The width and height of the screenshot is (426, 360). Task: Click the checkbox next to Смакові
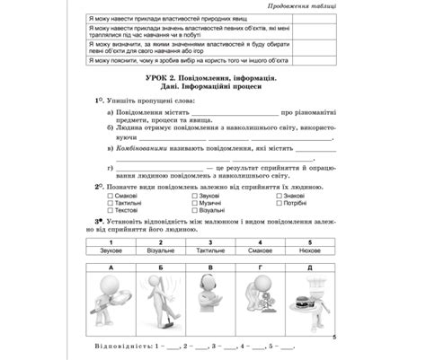click(x=109, y=195)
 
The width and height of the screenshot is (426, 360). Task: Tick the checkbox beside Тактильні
click(x=109, y=203)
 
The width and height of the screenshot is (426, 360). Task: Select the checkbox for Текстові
click(x=109, y=211)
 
